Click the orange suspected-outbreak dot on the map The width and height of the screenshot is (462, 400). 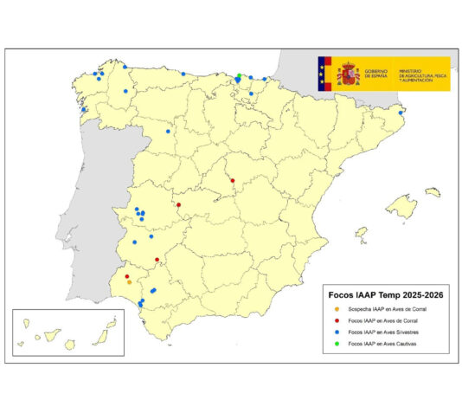click(x=129, y=281)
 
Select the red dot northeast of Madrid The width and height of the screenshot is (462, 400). click(x=233, y=180)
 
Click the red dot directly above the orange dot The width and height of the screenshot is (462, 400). click(x=126, y=276)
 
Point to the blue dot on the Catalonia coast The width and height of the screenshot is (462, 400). click(x=401, y=112)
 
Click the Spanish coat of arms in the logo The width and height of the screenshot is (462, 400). click(x=348, y=74)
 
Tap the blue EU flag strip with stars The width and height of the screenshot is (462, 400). click(x=324, y=74)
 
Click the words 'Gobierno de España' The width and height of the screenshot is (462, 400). click(x=376, y=74)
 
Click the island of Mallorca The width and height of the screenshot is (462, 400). click(x=401, y=206)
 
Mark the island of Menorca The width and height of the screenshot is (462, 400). click(x=432, y=192)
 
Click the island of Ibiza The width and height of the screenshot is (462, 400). click(x=361, y=234)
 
